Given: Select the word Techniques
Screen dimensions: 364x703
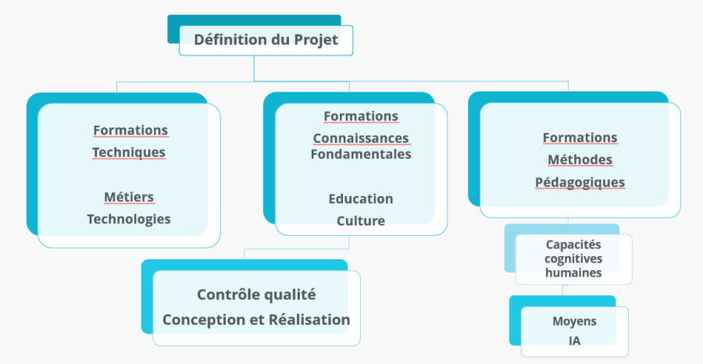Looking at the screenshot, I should click(x=129, y=152).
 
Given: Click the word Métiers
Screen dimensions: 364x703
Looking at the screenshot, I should click(x=129, y=197).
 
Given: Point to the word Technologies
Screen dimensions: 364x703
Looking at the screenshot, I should click(x=129, y=219).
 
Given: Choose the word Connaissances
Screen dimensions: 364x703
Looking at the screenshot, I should click(x=361, y=138).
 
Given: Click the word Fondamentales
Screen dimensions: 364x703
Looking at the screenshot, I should click(x=361, y=154).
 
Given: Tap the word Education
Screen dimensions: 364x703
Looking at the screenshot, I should click(x=361, y=199).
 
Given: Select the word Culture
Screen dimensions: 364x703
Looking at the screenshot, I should click(x=361, y=221).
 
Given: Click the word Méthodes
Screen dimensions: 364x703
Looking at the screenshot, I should click(x=580, y=160).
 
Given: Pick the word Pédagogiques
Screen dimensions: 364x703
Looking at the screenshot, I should click(x=580, y=182).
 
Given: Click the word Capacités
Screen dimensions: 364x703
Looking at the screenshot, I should click(x=573, y=244).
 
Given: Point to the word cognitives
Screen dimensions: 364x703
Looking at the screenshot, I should click(x=573, y=259).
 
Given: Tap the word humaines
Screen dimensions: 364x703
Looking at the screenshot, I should click(x=573, y=273).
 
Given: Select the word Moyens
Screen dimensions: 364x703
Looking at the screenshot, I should click(x=574, y=321).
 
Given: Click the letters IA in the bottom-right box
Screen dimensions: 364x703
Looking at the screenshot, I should click(x=575, y=341).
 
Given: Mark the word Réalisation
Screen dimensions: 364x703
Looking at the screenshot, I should click(x=309, y=319).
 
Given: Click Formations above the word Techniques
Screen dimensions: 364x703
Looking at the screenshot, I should click(x=130, y=130).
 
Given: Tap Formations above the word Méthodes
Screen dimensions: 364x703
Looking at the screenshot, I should click(x=580, y=137).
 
